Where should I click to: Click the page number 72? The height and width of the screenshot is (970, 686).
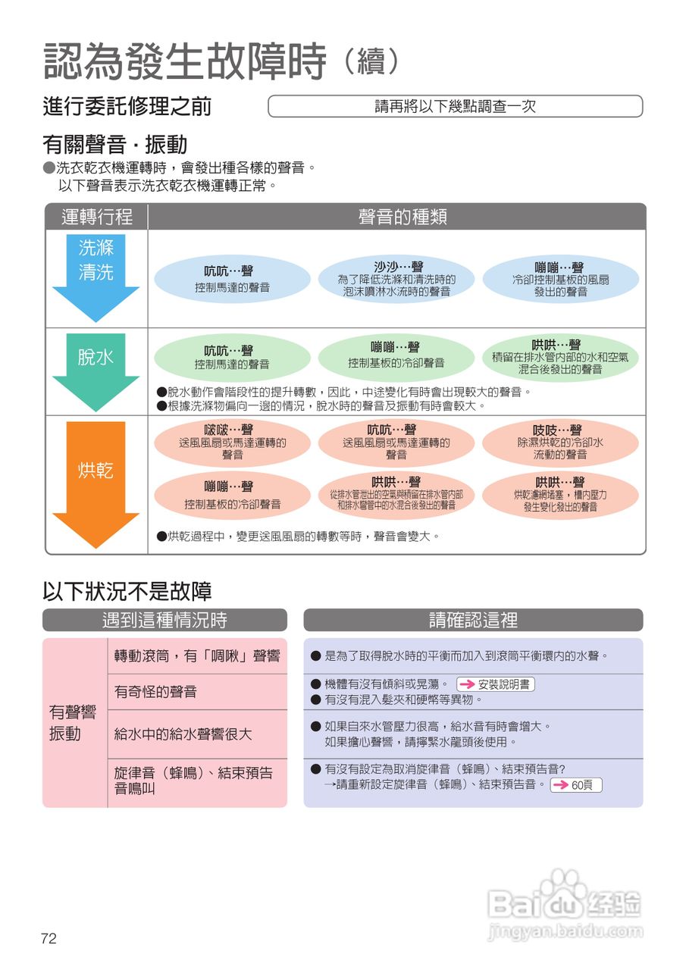coord(49,938)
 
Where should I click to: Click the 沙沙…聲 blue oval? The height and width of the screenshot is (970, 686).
coord(396,279)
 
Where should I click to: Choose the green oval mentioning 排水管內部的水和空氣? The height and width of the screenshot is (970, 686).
coord(560,357)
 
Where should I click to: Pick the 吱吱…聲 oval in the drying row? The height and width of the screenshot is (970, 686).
coord(560,443)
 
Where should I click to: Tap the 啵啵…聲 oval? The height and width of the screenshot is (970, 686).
coord(233,443)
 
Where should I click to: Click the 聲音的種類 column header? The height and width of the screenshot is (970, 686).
coord(403,217)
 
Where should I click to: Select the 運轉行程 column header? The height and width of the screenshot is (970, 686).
coord(96,217)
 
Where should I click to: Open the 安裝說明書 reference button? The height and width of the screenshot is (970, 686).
coord(496,684)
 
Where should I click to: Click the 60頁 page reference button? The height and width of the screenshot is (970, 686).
coord(576,785)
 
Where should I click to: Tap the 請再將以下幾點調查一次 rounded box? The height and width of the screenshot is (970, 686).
coord(455,106)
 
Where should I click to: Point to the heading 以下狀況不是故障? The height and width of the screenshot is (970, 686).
coord(127,591)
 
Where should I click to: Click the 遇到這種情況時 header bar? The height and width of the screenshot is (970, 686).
coord(164,620)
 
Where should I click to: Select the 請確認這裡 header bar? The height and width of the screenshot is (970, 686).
coord(473,620)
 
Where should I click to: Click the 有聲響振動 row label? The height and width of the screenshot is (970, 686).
coord(73,723)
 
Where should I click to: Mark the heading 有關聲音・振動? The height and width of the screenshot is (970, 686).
coord(114,144)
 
